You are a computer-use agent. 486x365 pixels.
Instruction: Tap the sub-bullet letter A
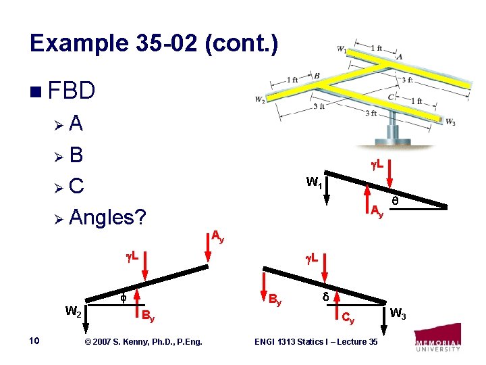pos(76,124)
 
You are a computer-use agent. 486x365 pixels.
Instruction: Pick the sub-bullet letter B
pos(76,155)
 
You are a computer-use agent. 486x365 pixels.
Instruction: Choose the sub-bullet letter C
pos(76,187)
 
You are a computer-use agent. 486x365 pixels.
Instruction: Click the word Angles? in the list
pos(108,218)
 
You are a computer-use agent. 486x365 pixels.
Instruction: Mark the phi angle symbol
pos(122,297)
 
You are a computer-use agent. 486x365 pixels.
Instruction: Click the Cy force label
pos(348,316)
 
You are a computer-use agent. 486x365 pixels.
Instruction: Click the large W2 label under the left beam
pos(74,312)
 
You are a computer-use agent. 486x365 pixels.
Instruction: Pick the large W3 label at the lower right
pos(398,313)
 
